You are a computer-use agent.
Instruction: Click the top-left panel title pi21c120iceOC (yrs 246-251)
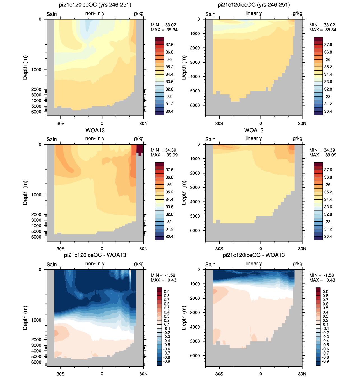95,5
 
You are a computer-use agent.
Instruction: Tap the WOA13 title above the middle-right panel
254,130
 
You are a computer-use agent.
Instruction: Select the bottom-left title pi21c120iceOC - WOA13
95,255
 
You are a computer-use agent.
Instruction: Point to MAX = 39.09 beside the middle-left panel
164,155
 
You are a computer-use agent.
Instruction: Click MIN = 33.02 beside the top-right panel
323,25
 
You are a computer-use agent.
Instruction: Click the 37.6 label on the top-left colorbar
169,45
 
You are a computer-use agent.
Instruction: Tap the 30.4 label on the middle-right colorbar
328,237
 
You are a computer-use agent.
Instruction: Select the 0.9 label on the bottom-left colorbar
166,292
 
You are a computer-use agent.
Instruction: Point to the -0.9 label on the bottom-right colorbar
325,361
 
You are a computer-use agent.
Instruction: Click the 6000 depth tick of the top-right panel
195,105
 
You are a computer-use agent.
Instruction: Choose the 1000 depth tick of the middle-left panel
36,195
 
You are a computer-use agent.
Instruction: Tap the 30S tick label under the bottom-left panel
61,374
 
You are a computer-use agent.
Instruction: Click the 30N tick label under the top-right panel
302,123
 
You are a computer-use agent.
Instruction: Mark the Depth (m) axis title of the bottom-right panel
184,318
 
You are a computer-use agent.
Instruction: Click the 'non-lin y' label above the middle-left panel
95,138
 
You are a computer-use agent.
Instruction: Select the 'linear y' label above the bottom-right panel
254,264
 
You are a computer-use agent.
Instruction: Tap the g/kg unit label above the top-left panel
139,13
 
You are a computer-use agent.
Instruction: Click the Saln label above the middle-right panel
210,139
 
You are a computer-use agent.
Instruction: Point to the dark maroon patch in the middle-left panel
140,149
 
